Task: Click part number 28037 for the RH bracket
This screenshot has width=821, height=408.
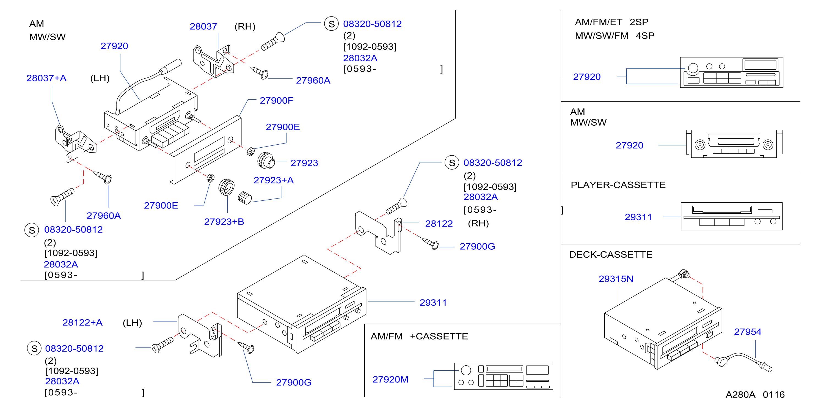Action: pos(203,26)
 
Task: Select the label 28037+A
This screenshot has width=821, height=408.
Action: pos(46,78)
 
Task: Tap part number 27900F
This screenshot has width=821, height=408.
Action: pos(276,100)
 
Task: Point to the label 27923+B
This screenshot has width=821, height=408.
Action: pos(224,222)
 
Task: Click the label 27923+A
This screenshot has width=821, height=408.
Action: pos(274,180)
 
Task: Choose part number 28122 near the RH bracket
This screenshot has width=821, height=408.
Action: pos(439,224)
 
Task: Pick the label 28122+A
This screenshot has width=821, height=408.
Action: pos(82,322)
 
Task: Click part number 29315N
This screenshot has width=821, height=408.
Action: pos(616,279)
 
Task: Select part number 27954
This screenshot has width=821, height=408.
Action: pos(747,332)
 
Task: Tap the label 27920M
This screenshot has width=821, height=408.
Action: pos(390,379)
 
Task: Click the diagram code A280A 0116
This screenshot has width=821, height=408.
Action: pos(755,395)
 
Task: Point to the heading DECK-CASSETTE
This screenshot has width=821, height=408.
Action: pos(610,254)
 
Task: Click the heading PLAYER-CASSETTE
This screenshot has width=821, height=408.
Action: pos(618,185)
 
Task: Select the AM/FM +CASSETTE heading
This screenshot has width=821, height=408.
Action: pos(419,336)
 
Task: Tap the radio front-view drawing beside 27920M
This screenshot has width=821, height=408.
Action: pos(503,376)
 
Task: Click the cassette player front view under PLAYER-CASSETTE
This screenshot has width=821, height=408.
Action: pos(731,216)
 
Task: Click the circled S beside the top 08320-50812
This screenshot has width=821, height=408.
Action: pos(332,24)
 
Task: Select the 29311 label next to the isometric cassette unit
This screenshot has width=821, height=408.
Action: pos(433,302)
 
